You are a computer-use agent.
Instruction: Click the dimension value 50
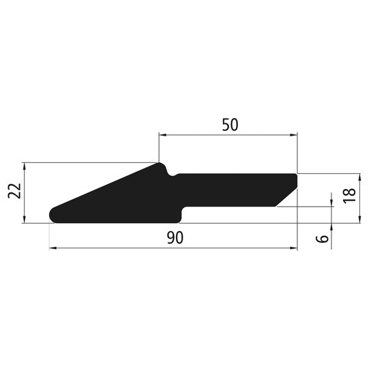pos(230,125)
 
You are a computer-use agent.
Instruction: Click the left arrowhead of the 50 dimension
pos(162,135)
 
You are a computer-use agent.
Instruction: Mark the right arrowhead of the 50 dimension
pos(295,135)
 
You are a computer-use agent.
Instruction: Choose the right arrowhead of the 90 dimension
pos(295,248)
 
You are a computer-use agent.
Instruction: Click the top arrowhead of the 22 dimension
pos(24,166)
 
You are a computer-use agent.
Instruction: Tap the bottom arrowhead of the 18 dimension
pos(361,219)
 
